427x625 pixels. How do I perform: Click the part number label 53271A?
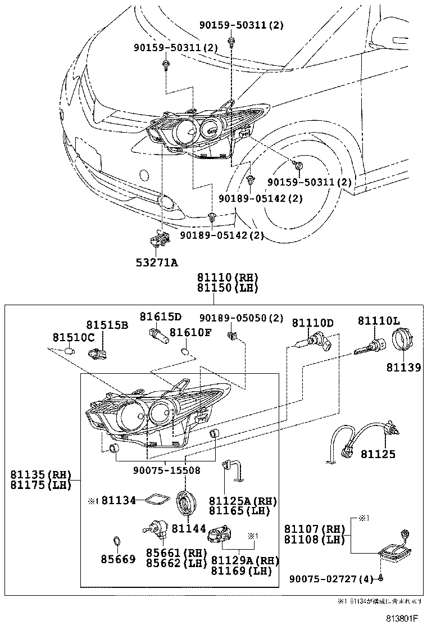[x=157, y=262]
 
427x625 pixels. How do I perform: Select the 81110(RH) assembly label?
[x=227, y=278]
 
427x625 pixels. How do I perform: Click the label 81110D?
[x=312, y=323]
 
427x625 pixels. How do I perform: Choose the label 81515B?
[x=107, y=325]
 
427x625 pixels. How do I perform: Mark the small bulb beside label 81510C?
[x=69, y=351]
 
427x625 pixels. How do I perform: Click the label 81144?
[x=190, y=529]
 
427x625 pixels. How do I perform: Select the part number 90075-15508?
[x=166, y=470]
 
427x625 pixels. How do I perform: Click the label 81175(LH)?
[x=41, y=485]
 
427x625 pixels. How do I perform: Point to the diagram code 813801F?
[x=402, y=618]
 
